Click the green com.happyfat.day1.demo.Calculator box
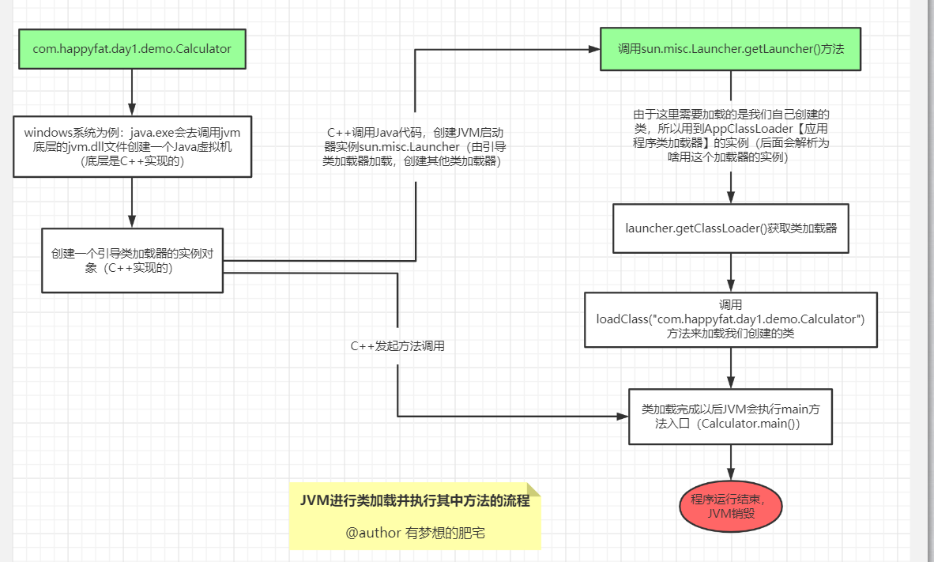click(132, 49)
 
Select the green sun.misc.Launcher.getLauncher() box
click(730, 49)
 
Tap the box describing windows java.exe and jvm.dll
click(132, 146)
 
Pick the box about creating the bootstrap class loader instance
click(132, 260)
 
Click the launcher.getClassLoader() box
click(731, 228)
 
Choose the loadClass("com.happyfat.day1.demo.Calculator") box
click(731, 319)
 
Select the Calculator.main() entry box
click(730, 417)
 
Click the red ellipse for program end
click(731, 507)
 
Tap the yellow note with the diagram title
click(415, 516)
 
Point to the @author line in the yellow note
click(415, 533)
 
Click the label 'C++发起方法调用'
click(397, 346)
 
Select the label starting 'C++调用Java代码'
click(414, 146)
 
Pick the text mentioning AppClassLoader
click(731, 136)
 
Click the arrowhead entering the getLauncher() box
click(594, 50)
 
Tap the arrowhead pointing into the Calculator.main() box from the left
click(623, 417)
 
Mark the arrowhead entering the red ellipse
click(731, 474)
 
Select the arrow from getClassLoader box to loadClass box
click(731, 273)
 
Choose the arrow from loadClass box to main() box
click(731, 368)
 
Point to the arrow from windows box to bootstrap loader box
click(132, 202)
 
